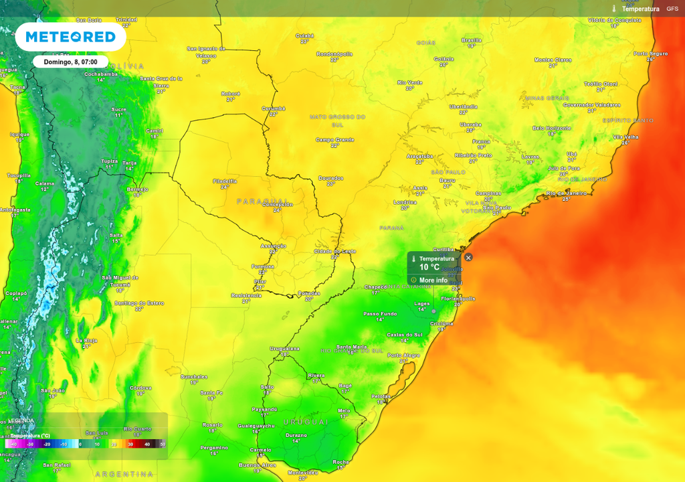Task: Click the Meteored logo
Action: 70,36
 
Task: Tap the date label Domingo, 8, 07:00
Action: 70,62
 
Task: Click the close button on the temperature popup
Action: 468,257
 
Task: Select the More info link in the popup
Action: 433,280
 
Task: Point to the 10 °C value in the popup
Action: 429,267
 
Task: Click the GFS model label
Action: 672,9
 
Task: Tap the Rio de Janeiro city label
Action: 566,193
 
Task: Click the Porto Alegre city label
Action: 403,355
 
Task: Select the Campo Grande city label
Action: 335,140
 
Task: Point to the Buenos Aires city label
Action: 258,465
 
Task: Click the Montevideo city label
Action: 302,473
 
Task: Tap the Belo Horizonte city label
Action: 552,128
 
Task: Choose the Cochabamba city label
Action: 101,74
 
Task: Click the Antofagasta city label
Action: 15,210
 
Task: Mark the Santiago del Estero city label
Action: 139,303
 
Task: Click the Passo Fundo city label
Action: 379,313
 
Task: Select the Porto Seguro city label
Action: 651,54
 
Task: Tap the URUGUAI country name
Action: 306,422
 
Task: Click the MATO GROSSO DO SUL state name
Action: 337,120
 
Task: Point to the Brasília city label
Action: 472,40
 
